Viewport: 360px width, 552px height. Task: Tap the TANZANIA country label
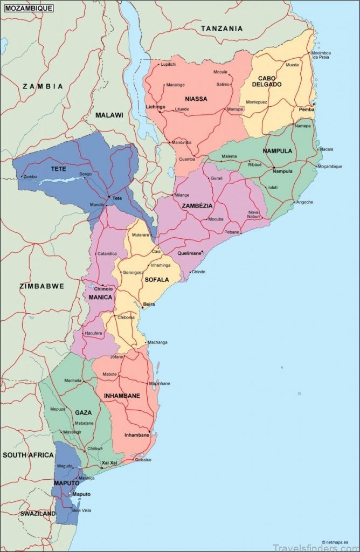coord(221,28)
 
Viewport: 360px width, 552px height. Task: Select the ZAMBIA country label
coord(43,86)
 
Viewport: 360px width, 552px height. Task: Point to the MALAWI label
coord(109,115)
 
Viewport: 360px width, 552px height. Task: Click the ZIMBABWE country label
coord(41,286)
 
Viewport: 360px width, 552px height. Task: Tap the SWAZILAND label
coord(38,514)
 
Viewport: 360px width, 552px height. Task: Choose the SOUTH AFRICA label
coord(28,455)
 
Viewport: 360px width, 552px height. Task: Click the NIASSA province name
coord(196,99)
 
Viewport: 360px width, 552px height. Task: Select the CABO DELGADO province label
coord(266,81)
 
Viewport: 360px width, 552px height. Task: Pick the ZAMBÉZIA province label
coord(197,206)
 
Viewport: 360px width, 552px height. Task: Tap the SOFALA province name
coord(156,280)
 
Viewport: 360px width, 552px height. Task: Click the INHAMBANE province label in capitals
coord(122,396)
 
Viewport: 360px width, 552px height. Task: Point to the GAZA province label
coord(83,412)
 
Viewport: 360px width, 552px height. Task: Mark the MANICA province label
coord(100,297)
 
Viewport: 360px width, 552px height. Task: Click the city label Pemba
coord(306,109)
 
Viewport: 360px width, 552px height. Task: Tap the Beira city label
coord(149,305)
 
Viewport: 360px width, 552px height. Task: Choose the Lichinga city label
coord(155,107)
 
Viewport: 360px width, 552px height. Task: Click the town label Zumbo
coord(30,176)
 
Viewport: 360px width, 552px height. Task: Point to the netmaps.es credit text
coord(335,542)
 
